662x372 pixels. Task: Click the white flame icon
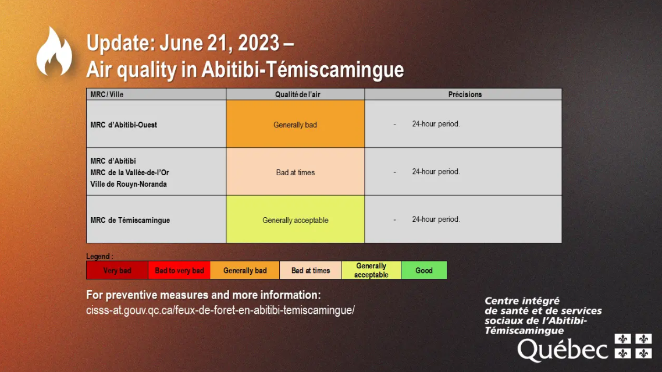click(54, 52)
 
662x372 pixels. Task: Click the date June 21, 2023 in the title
click(219, 43)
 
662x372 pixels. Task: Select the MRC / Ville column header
click(107, 95)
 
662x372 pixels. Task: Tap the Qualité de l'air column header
click(298, 95)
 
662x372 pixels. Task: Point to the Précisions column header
click(465, 95)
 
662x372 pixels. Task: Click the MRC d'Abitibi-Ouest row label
click(124, 125)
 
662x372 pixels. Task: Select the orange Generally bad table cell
click(295, 124)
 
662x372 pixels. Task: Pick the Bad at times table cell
click(295, 172)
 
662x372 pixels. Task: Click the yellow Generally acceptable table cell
click(295, 219)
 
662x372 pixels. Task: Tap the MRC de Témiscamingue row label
click(130, 220)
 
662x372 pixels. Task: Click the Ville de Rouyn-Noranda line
click(129, 185)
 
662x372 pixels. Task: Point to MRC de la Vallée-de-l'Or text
click(130, 172)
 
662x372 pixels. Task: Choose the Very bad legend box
click(117, 270)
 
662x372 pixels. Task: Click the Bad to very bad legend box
click(179, 270)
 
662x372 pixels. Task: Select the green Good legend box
click(424, 270)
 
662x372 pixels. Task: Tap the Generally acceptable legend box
click(371, 270)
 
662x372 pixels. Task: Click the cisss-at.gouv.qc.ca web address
click(220, 310)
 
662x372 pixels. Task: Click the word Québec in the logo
click(563, 350)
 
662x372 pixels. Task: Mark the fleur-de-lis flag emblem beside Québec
click(633, 346)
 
